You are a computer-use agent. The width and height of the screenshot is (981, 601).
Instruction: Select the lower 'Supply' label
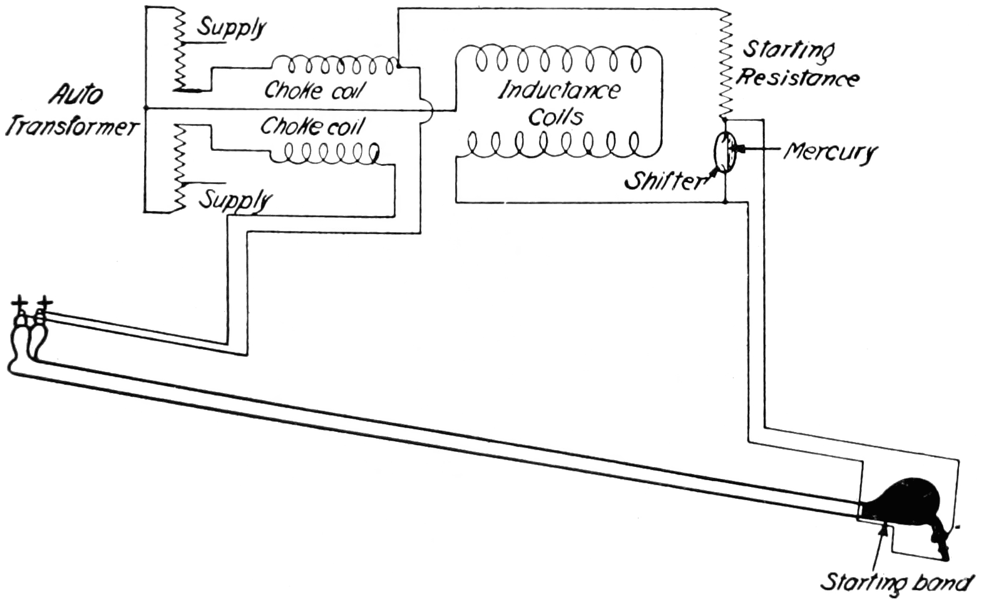click(235, 200)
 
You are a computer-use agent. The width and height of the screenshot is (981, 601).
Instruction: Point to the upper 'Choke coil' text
click(314, 90)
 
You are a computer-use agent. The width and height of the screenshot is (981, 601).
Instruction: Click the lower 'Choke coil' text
click(311, 126)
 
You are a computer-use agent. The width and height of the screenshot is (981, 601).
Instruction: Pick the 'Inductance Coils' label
click(558, 103)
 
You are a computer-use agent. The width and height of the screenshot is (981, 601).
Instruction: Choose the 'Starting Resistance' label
click(796, 63)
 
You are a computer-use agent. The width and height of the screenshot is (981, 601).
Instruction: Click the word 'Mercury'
click(830, 151)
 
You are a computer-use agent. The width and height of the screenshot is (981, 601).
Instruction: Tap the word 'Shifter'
click(664, 181)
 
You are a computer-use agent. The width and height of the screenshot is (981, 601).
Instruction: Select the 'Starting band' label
click(896, 582)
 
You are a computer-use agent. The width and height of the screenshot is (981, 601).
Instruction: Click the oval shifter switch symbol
click(725, 153)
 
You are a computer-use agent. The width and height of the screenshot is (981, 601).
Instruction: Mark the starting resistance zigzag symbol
click(724, 63)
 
